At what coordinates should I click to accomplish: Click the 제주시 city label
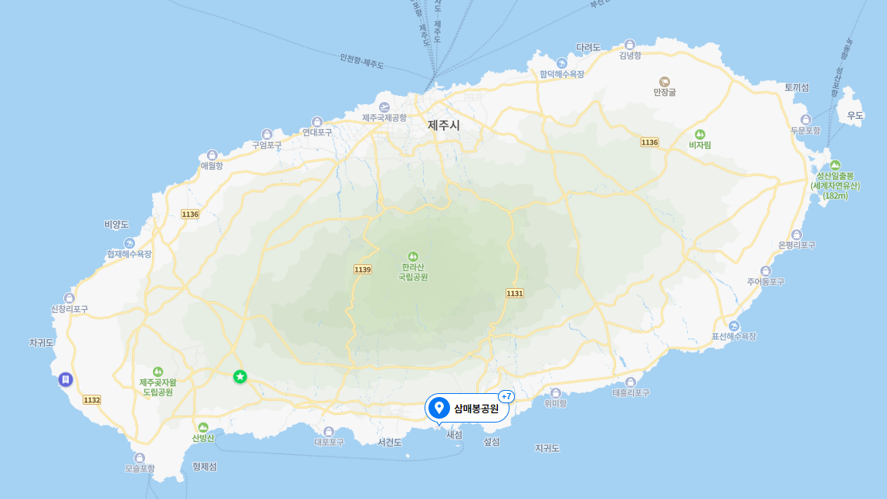click(444, 124)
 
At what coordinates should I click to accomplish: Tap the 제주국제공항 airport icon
click(384, 107)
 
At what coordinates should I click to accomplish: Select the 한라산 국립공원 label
click(413, 271)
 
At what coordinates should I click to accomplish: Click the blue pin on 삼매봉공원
click(439, 407)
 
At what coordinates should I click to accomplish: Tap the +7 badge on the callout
click(506, 396)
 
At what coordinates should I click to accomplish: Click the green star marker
click(240, 376)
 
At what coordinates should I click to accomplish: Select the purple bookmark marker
click(66, 379)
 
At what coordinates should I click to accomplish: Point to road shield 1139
click(363, 269)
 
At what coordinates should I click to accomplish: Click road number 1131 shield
click(515, 293)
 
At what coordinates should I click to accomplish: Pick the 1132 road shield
click(92, 399)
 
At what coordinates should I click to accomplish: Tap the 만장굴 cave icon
click(664, 81)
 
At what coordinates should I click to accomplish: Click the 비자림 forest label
click(699, 144)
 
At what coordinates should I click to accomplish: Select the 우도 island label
click(855, 115)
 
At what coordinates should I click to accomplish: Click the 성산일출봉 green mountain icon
click(835, 165)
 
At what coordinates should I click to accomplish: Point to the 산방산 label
click(203, 438)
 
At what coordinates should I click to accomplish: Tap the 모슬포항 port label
click(140, 468)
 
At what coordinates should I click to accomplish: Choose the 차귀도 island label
click(41, 342)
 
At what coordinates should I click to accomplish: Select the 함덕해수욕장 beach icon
click(562, 63)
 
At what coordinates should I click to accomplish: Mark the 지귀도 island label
click(547, 448)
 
